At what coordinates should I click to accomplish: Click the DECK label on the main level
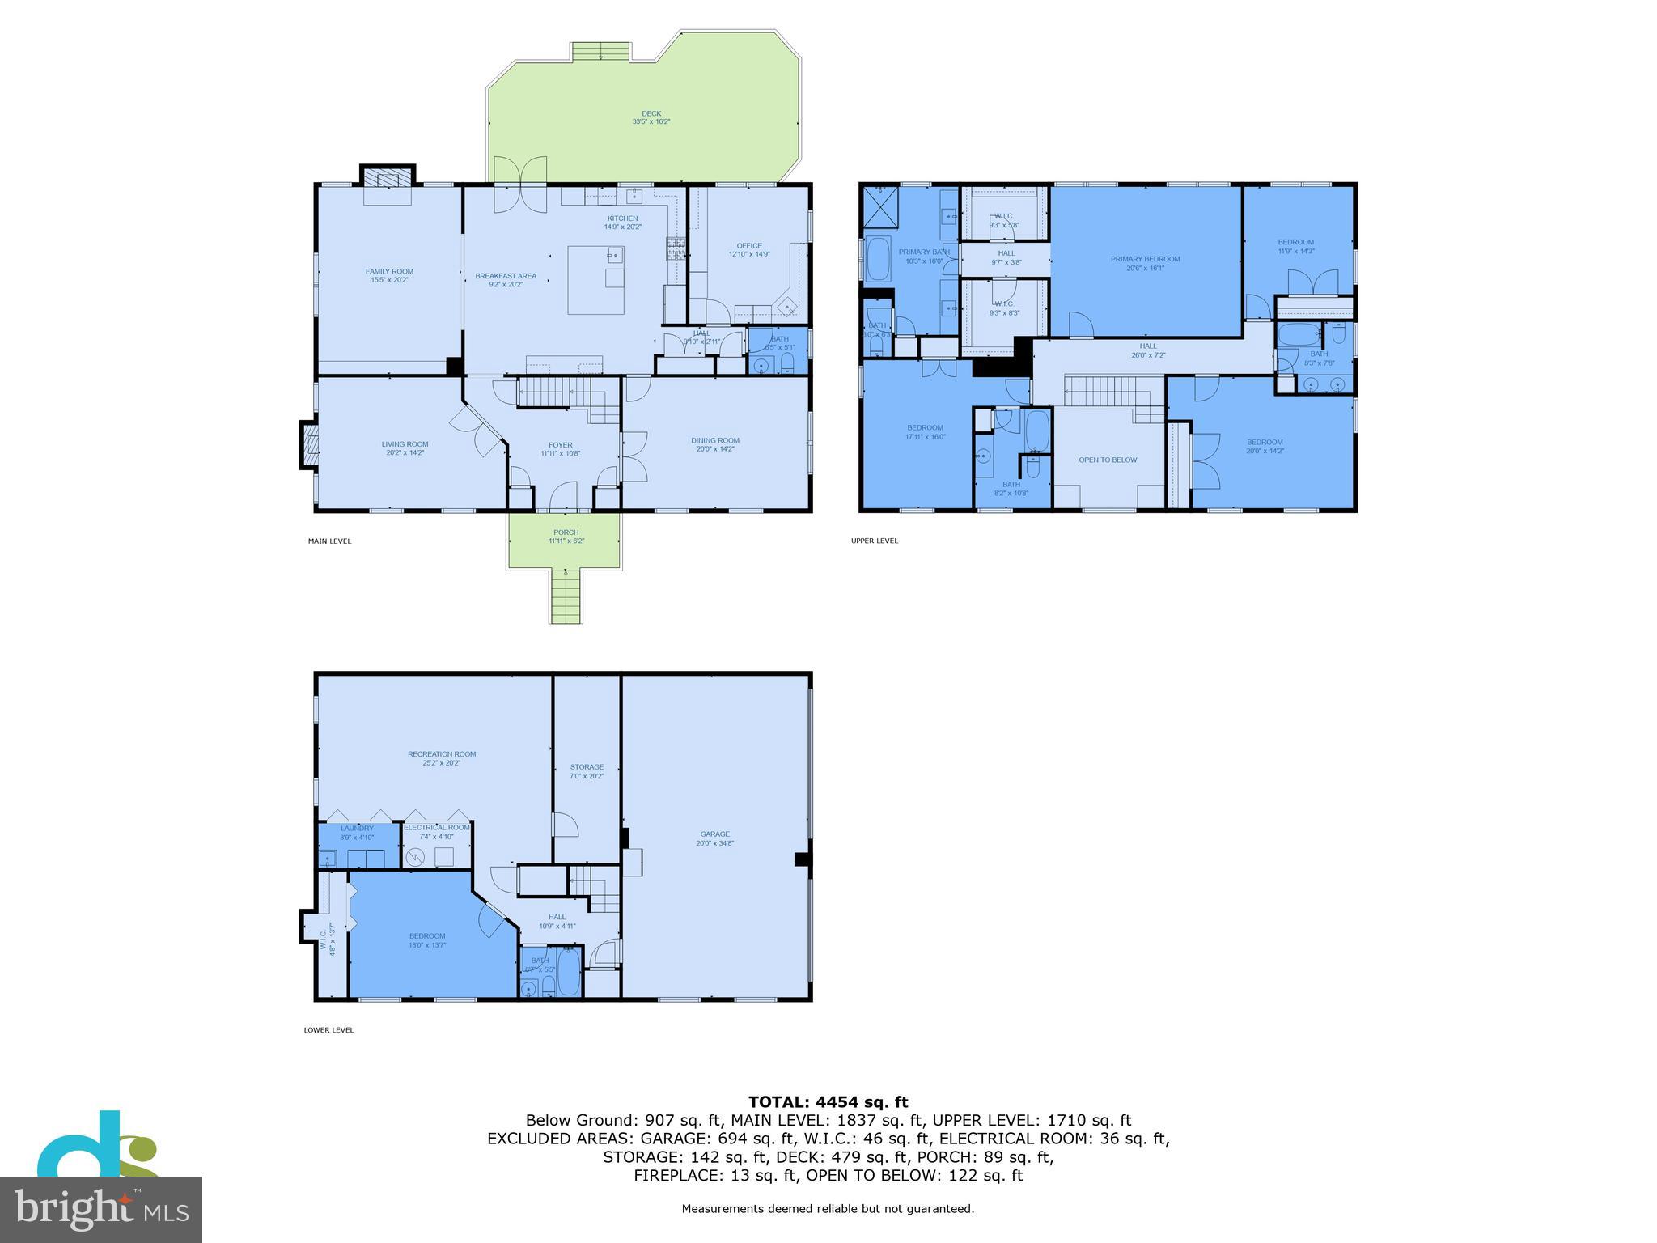click(651, 114)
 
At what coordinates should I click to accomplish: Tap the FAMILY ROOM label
click(389, 272)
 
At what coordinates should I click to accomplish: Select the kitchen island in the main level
click(595, 280)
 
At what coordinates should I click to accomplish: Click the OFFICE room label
click(748, 246)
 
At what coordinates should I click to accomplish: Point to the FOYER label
click(560, 445)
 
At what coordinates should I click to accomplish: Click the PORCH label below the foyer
click(566, 532)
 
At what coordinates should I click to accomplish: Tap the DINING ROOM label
click(714, 441)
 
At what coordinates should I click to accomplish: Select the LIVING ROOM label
click(405, 444)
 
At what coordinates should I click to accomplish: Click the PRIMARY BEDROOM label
click(1145, 259)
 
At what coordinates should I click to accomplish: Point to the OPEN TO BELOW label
click(1108, 460)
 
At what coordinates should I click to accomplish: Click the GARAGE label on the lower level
click(714, 834)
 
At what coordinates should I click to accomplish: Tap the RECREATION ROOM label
click(441, 754)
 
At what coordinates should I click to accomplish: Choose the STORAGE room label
click(587, 767)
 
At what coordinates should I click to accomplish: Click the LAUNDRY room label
click(357, 828)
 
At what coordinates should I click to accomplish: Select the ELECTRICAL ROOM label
click(437, 828)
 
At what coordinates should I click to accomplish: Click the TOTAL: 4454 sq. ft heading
click(828, 1102)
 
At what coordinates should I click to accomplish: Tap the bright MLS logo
click(101, 1209)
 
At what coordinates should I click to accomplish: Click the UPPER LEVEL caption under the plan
click(874, 541)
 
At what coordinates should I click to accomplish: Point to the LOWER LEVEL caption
click(328, 1030)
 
